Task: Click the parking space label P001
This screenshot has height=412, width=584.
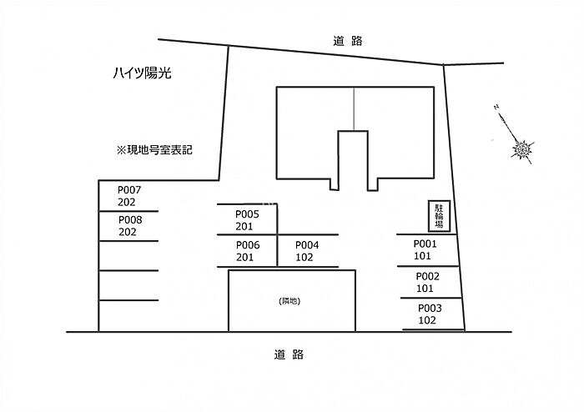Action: pos(426,244)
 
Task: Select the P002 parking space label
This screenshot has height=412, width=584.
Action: pos(426,276)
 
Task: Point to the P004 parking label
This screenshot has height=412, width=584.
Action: pos(307,244)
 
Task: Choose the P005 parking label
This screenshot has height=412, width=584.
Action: pos(247,214)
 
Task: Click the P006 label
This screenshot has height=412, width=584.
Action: pos(247,244)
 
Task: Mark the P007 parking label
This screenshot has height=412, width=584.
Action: pos(130,190)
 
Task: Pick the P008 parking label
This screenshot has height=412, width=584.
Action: pos(130,220)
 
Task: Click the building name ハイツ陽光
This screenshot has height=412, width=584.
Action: pos(142,73)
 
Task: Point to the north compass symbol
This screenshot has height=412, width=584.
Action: pos(521,148)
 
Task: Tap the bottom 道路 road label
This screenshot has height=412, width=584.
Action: pos(288,354)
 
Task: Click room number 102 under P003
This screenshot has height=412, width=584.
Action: pos(426,320)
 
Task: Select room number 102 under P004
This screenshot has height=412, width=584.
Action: pos(305,258)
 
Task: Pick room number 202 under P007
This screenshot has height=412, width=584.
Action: pos(127,203)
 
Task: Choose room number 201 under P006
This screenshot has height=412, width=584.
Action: pos(244,258)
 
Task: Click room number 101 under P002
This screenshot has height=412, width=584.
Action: pos(425,289)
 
